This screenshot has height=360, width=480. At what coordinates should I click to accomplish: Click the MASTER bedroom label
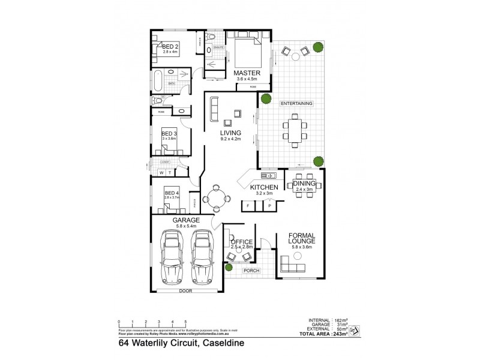(x=247, y=73)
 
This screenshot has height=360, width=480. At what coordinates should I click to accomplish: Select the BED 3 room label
(x=169, y=133)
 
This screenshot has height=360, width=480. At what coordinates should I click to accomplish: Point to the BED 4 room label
(x=172, y=193)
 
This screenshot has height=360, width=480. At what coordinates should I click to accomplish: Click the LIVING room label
(x=230, y=133)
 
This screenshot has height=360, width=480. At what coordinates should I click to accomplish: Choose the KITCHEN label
(x=262, y=188)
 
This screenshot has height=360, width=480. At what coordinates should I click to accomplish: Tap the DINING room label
(x=305, y=184)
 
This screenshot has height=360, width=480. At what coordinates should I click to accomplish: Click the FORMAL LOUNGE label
(x=302, y=238)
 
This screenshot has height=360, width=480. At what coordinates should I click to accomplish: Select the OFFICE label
(x=242, y=242)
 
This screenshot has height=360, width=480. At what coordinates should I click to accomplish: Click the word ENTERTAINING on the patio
(x=296, y=104)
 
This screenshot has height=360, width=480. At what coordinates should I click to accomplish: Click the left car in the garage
(x=172, y=259)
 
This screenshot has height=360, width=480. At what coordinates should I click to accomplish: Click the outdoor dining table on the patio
(x=295, y=131)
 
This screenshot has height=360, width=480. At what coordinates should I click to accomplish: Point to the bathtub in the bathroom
(x=158, y=79)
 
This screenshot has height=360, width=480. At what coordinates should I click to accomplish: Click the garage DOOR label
(x=185, y=291)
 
